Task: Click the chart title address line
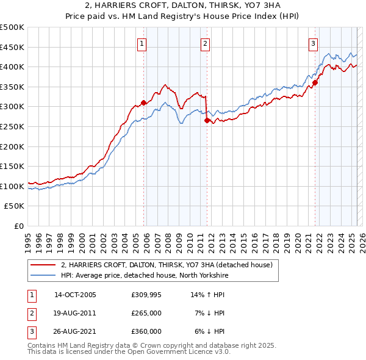(x=183, y=6)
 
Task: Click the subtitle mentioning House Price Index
(x=183, y=17)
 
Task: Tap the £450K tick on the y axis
(x=12, y=47)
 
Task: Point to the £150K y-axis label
(x=12, y=166)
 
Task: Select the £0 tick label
(x=18, y=226)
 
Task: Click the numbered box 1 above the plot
(x=142, y=43)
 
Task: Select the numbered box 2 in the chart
(x=205, y=43)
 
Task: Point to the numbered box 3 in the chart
(x=313, y=43)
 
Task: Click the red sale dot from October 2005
(x=144, y=103)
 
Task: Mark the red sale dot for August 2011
(x=207, y=121)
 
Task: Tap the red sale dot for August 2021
(x=315, y=83)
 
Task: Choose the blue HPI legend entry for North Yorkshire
(x=144, y=276)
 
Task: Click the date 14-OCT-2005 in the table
(x=75, y=295)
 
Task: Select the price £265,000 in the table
(x=146, y=313)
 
